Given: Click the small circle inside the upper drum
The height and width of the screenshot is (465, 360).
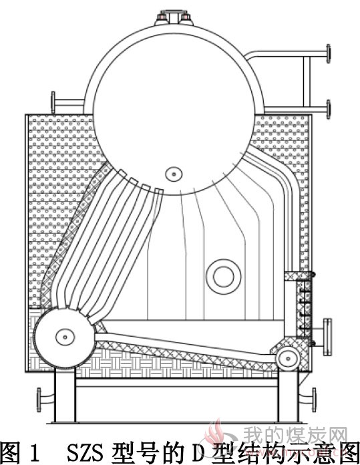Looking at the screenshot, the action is [x=174, y=174].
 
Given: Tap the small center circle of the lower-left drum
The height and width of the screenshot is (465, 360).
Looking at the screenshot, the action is [x=65, y=337].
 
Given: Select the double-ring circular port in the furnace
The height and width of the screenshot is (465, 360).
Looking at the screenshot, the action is [x=224, y=277].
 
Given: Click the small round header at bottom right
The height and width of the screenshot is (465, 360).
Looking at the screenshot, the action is [x=288, y=359].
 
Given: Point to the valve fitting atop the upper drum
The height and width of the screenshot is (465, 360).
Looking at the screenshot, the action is [x=174, y=17].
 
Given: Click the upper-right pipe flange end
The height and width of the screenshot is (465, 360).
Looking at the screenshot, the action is [x=328, y=53].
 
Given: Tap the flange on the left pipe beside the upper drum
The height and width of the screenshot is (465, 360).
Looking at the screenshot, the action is [x=53, y=102].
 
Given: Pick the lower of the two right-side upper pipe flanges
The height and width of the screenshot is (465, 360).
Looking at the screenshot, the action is [x=328, y=110].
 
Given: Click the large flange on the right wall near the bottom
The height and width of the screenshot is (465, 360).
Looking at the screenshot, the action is [x=327, y=337].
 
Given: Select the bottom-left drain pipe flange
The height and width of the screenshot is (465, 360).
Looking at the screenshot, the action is [x=39, y=400].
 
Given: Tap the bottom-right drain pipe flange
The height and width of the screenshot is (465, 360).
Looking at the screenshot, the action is [x=314, y=400].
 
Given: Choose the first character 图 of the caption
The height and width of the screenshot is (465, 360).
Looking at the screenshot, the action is [x=11, y=453].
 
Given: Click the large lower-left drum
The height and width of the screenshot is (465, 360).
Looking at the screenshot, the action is [x=65, y=337].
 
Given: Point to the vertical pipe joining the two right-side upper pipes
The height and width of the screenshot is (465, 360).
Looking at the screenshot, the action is [x=307, y=82].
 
